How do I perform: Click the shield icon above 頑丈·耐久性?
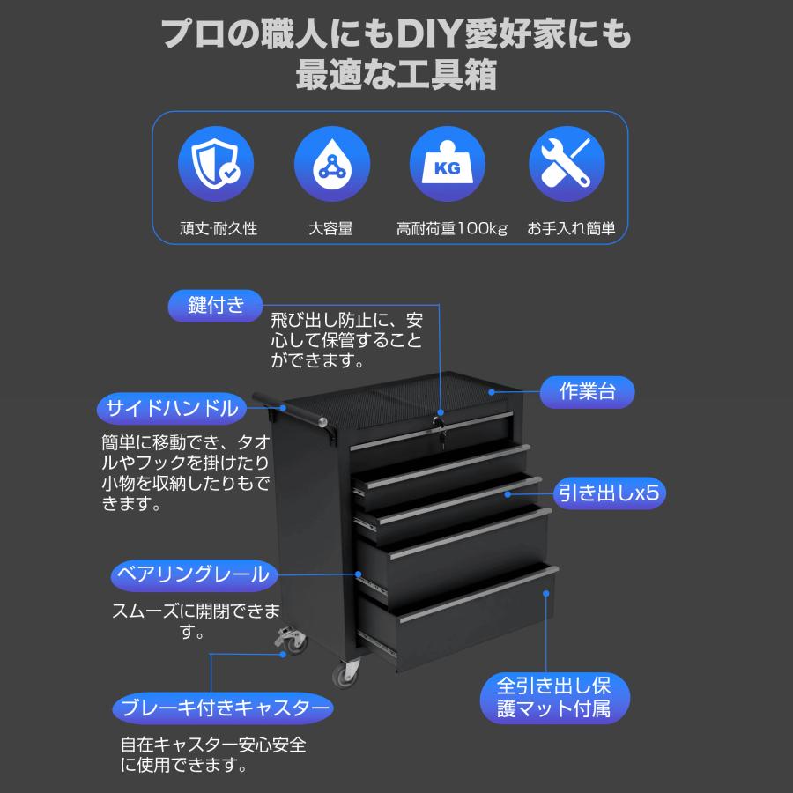216,167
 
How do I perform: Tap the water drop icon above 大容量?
331,167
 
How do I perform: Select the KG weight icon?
448,167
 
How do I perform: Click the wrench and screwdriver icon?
567,167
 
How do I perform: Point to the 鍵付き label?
216,306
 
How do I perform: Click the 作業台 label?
588,391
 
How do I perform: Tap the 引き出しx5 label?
609,493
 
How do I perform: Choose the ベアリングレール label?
192,575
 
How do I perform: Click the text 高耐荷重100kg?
452,229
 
